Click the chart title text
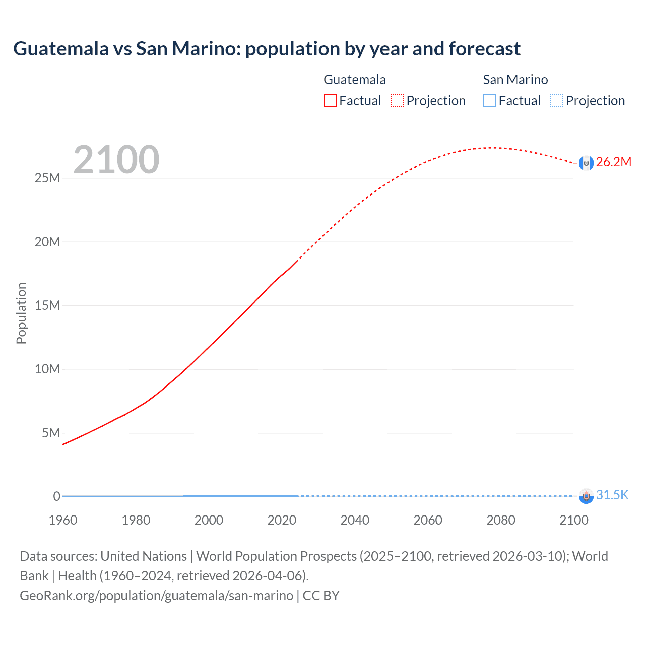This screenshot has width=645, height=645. tap(267, 49)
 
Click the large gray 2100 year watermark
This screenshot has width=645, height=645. tap(116, 160)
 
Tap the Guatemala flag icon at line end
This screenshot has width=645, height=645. tap(586, 163)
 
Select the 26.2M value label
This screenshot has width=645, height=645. tap(613, 162)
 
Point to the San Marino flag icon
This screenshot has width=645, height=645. tap(586, 496)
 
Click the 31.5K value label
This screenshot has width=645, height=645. tap(612, 495)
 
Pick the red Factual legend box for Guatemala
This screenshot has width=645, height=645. tap(330, 101)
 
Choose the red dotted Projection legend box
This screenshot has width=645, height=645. tap(397, 101)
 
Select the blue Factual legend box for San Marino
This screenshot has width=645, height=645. tap(489, 101)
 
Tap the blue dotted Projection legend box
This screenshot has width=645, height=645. tap(557, 101)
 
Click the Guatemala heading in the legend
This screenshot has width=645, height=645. tap(355, 80)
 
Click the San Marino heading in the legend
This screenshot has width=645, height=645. tap(515, 80)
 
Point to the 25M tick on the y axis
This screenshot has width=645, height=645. tap(47, 178)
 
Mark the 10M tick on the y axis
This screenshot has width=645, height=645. tap(47, 369)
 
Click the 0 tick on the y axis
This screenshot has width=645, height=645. tap(57, 496)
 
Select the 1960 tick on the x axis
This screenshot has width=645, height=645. tap(63, 520)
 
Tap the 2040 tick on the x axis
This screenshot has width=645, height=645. tap(355, 520)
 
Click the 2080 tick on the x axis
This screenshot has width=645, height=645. tap(501, 520)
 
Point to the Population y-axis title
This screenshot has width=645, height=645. tap(21, 313)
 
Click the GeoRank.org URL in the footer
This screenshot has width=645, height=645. tap(156, 596)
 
